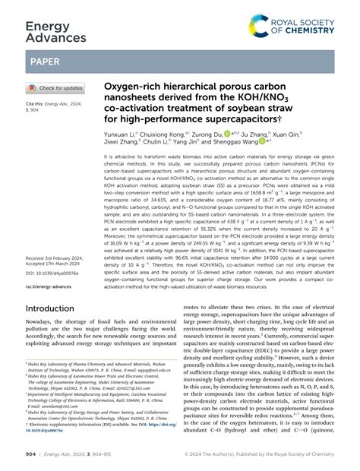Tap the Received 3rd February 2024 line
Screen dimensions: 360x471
(x=58, y=258)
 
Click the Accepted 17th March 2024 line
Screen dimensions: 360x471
(x=56, y=265)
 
